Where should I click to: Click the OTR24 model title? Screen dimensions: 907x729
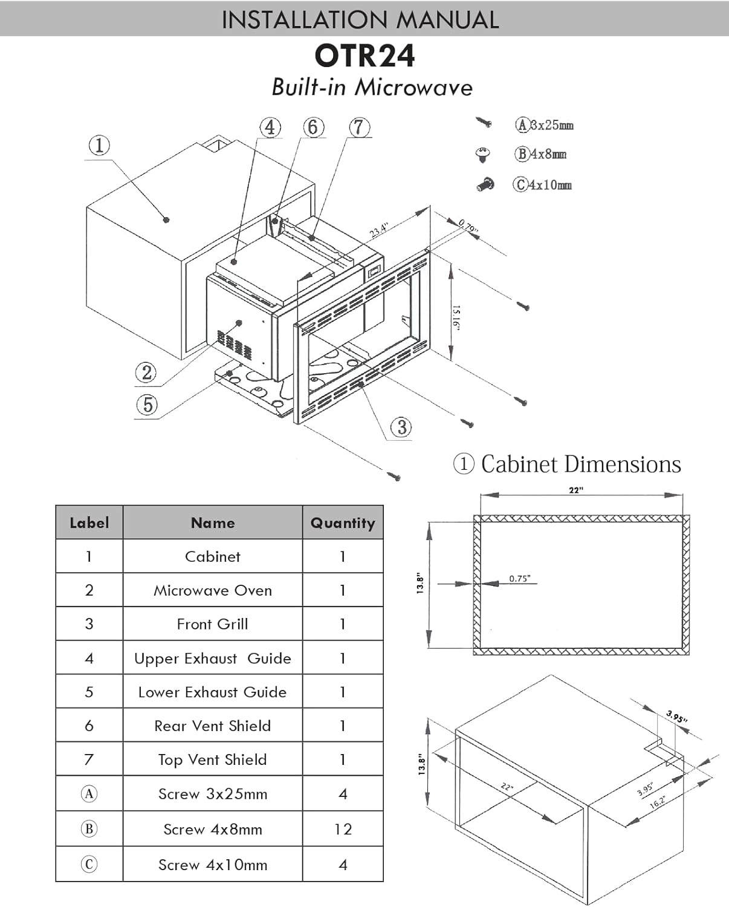click(x=364, y=56)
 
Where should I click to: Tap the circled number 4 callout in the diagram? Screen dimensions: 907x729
click(x=270, y=128)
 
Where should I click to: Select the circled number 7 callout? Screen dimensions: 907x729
click(x=359, y=128)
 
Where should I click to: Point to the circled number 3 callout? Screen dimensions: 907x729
click(x=401, y=427)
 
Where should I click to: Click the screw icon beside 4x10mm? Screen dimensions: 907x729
click(x=485, y=184)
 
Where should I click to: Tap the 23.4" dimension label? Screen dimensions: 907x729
click(x=379, y=230)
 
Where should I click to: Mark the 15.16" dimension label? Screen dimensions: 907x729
click(x=456, y=317)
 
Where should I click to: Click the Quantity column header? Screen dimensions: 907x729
click(x=343, y=523)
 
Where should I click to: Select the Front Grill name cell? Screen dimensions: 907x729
click(x=212, y=624)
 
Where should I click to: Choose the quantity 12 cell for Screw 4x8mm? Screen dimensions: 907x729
click(x=343, y=829)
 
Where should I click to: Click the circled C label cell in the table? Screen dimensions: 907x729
click(x=89, y=864)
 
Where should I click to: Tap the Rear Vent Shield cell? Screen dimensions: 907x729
click(x=212, y=726)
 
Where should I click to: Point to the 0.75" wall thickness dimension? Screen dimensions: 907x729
click(x=519, y=579)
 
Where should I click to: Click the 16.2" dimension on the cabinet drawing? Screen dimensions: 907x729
click(x=658, y=802)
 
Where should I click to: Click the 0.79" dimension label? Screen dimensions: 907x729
click(x=468, y=227)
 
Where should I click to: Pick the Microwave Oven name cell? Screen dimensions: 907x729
click(x=212, y=590)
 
